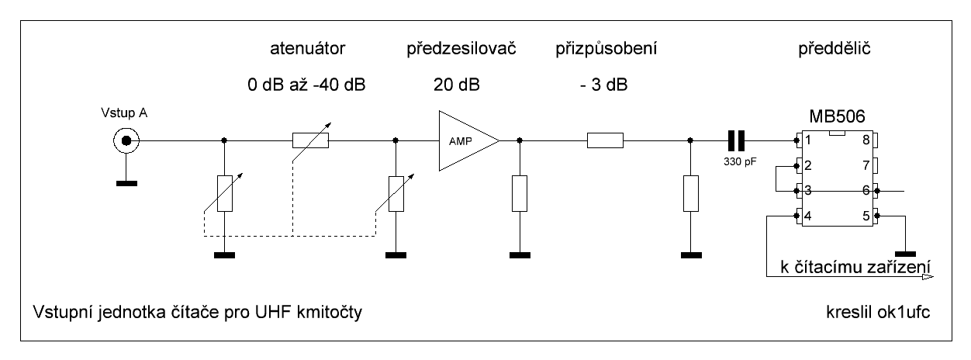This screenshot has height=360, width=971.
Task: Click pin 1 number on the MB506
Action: point(807,141)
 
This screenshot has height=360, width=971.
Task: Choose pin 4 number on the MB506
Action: point(807,216)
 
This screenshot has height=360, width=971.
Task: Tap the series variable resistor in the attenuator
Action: point(310,140)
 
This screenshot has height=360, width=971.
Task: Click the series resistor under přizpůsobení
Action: point(605,140)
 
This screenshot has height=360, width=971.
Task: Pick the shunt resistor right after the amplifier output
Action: point(519,193)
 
